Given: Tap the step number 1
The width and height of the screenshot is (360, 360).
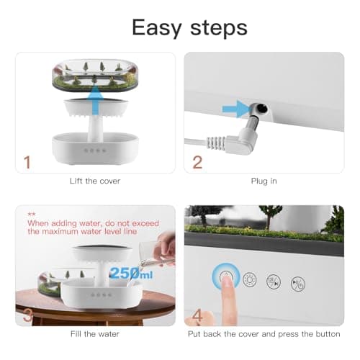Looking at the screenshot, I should click(27, 162).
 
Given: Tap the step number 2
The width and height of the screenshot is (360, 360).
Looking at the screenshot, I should click(197, 162).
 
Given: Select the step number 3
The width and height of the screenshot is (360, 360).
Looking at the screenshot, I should click(27, 315).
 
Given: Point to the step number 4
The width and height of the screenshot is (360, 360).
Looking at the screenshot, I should click(197, 315).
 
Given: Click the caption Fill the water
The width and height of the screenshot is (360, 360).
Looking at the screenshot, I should click(95, 335).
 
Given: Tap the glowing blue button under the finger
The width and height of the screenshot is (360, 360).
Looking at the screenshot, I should click(224, 277).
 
